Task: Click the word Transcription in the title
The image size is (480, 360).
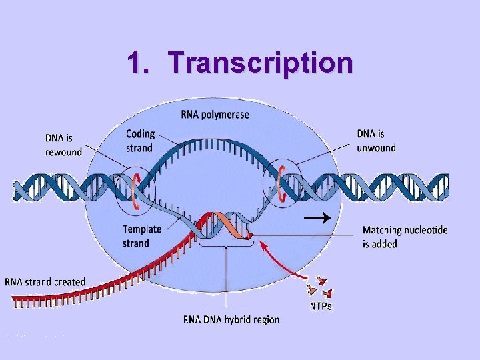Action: pos(261,63)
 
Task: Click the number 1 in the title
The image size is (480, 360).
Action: pos(136,63)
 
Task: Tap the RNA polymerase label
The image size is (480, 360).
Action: pos(215,115)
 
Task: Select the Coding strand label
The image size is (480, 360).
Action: pos(139,141)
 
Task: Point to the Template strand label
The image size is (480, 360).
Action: pos(142,236)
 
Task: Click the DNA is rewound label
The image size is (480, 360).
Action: pos(63,145)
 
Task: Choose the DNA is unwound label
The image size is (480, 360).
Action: pos(376,141)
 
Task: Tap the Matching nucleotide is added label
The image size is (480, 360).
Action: pos(405,237)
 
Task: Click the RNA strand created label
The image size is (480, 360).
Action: pos(45,282)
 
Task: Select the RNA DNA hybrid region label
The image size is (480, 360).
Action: pos(231,320)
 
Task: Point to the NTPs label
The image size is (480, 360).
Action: pos(321,306)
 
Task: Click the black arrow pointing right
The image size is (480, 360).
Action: pos(316,217)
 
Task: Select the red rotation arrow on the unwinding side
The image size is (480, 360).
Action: pos(282,180)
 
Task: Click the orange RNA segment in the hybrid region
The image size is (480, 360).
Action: pos(230,227)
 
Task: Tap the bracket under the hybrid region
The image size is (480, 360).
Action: pos(226,247)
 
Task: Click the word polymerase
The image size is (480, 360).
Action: pos(227,115)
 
